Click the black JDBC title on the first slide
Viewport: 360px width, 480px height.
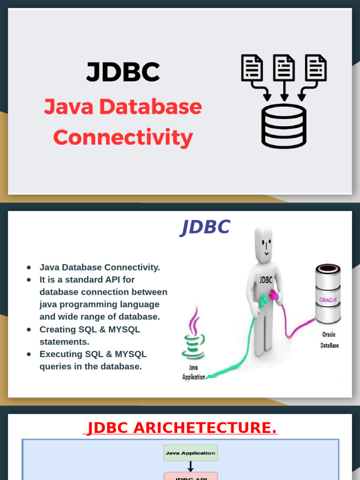point(123,72)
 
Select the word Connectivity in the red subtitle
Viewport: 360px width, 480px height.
point(123,137)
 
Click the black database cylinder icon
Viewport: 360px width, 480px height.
point(284,126)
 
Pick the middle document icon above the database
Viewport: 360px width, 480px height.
point(284,67)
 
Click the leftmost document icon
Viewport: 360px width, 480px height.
point(252,67)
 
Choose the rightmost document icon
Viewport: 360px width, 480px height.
point(315,67)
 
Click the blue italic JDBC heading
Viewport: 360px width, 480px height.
point(205,227)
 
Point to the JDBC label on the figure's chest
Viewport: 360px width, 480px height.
point(265,280)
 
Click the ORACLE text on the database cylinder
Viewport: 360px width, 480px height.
point(328,300)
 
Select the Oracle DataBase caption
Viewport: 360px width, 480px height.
point(330,340)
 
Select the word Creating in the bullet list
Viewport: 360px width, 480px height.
point(57,330)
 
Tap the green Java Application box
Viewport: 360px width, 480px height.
point(190,453)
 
